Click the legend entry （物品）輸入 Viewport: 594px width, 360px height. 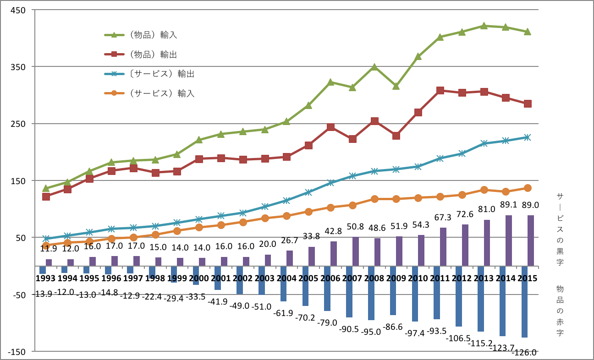click(x=152, y=35)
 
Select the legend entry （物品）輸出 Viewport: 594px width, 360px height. click(x=152, y=55)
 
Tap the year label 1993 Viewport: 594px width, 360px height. click(x=45, y=278)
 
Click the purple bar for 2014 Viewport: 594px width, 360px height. click(x=509, y=240)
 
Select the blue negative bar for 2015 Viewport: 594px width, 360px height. click(x=524, y=301)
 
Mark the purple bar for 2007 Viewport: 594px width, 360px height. click(x=355, y=251)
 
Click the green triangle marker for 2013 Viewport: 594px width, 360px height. click(x=484, y=26)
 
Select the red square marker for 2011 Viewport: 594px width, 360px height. click(x=440, y=91)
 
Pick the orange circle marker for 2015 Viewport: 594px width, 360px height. click(x=528, y=188)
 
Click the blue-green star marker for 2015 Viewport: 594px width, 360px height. click(x=528, y=137)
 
